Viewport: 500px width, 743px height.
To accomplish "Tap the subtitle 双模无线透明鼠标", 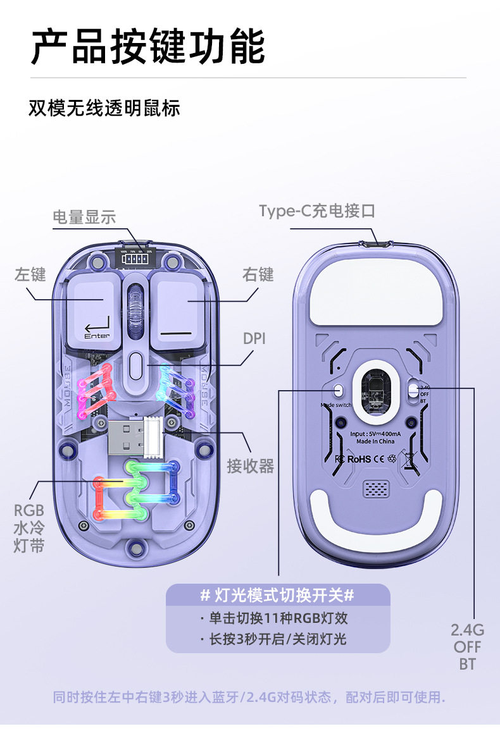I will (104, 107).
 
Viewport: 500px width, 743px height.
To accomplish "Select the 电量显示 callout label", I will (84, 217).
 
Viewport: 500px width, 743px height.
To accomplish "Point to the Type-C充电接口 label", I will (316, 211).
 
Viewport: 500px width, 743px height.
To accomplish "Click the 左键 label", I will (30, 274).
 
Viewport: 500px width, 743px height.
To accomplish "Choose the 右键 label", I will (258, 274).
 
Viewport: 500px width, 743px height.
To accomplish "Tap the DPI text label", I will (254, 338).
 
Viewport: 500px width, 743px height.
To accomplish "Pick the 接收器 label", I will (250, 466).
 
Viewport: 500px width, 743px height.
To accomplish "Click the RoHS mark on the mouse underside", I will (359, 458).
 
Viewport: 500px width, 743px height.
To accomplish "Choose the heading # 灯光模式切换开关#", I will (277, 595).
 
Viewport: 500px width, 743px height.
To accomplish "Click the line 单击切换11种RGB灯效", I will (277, 618).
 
